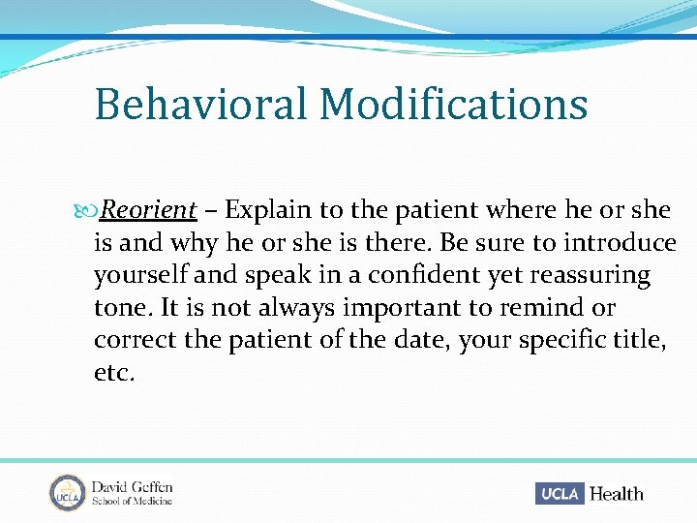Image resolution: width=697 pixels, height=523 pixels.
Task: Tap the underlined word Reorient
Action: point(149,210)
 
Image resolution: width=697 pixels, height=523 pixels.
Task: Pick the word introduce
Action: point(621,242)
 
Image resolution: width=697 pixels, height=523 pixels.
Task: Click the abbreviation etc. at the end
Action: point(114,373)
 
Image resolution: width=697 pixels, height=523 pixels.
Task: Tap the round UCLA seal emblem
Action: point(68,492)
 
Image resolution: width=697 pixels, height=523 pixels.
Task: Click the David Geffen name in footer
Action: point(132,486)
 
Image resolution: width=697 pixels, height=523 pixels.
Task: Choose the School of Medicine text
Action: point(132,501)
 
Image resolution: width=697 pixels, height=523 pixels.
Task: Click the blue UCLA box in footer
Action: point(560,493)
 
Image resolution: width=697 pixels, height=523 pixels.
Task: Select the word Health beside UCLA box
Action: point(616,493)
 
